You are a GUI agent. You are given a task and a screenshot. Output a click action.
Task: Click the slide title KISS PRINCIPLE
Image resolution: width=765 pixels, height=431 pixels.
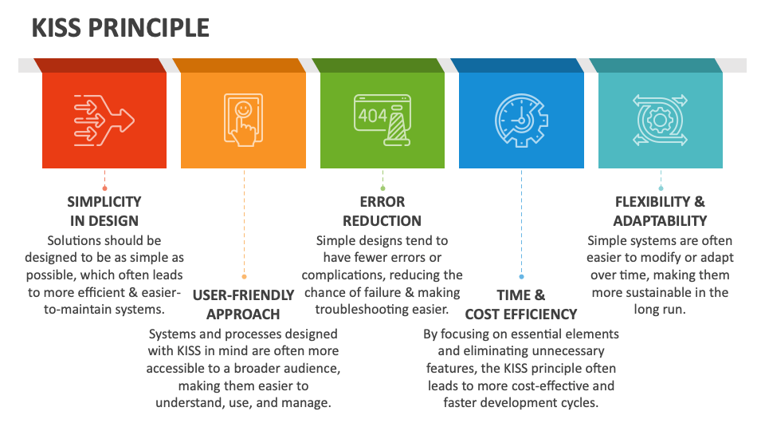click(x=120, y=28)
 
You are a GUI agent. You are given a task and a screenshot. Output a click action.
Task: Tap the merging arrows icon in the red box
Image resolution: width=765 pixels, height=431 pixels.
click(x=104, y=119)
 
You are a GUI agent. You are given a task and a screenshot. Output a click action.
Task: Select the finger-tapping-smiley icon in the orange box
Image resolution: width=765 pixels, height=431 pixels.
click(x=243, y=119)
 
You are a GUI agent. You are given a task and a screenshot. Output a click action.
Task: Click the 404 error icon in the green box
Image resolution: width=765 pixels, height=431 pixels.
click(x=382, y=119)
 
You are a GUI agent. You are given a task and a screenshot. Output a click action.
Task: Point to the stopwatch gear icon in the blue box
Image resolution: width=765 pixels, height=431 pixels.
click(x=521, y=119)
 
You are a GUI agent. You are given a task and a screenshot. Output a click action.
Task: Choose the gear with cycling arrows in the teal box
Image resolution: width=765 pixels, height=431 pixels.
click(x=660, y=119)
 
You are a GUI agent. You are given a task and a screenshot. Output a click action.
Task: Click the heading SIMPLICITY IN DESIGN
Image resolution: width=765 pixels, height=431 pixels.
click(x=104, y=211)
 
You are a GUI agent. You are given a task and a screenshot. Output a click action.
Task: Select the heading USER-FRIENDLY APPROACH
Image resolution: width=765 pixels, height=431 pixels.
click(x=243, y=304)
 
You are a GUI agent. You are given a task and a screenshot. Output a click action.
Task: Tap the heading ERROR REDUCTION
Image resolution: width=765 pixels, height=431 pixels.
click(x=382, y=211)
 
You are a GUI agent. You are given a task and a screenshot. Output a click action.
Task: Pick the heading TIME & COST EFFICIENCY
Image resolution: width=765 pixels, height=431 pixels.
click(x=521, y=304)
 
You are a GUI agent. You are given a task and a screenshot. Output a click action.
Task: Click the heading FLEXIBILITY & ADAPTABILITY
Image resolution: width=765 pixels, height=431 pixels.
click(x=660, y=211)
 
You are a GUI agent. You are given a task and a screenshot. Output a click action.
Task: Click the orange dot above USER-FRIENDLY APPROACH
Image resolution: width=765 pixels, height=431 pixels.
click(x=244, y=277)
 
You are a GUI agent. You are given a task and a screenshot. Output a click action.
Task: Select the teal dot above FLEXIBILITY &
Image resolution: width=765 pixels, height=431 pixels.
click(x=661, y=188)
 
